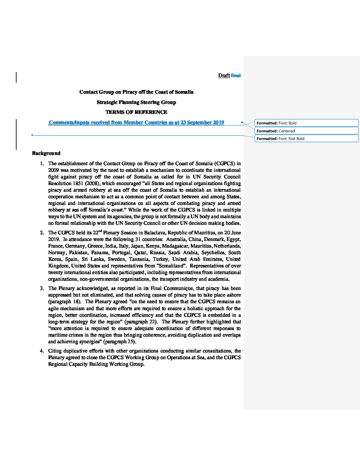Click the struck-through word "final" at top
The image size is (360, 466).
236,75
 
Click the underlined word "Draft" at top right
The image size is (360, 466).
224,75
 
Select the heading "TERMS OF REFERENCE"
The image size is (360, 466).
136,112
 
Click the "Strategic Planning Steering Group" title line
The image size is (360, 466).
136,102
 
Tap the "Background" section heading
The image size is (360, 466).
46,153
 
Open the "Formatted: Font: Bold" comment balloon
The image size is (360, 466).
306,123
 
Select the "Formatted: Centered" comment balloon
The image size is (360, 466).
306,131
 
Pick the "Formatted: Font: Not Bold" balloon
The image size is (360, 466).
306,139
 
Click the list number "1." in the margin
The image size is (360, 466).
42,163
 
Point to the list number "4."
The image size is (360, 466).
42,351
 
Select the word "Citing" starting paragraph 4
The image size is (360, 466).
55,351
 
